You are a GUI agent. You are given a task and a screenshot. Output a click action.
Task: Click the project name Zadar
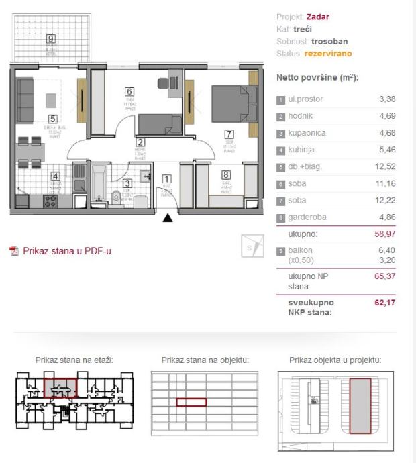pyautogui.click(x=318, y=17)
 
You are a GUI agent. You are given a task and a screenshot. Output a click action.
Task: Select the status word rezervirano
pyautogui.click(x=327, y=53)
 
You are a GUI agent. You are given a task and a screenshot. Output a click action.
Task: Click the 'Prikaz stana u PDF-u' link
pyautogui.click(x=67, y=251)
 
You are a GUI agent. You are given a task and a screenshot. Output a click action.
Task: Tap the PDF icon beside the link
pyautogui.click(x=14, y=251)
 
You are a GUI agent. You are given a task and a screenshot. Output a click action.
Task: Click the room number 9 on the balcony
pyautogui.click(x=51, y=38)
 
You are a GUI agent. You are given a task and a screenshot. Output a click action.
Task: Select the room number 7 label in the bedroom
pyautogui.click(x=229, y=134)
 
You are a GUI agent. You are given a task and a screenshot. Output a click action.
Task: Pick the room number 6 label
pyautogui.click(x=128, y=93)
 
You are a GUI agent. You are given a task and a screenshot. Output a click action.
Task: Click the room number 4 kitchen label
pyautogui.click(x=56, y=177)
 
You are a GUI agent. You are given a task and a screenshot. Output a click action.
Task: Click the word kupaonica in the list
pyautogui.click(x=308, y=133)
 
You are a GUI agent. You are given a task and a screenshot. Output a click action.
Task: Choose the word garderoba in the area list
pyautogui.click(x=309, y=217)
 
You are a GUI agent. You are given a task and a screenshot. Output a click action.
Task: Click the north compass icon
pyautogui.click(x=252, y=247)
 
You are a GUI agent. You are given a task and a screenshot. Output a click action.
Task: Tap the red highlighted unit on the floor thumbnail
pyautogui.click(x=60, y=387)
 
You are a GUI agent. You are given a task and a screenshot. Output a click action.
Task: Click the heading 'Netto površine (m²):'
pyautogui.click(x=317, y=78)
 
